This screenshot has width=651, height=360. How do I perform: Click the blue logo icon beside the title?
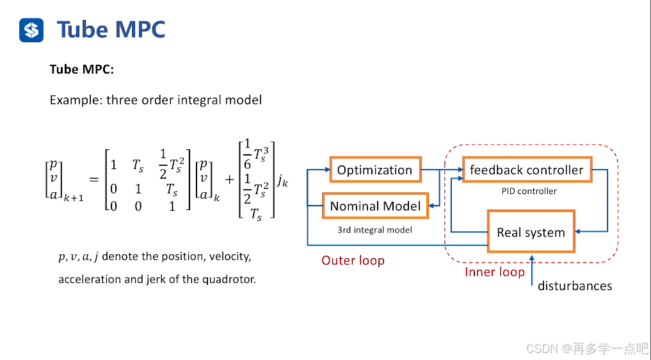pos(31,29)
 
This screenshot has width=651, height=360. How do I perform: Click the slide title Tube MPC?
pos(111,29)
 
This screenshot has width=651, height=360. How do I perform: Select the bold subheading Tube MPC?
pos(81,70)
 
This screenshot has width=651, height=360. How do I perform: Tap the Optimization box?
pos(374,170)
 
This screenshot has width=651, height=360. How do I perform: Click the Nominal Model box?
pos(375,206)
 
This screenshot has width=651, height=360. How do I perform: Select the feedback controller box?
pos(526,170)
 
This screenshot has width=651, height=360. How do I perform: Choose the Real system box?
pos(531,232)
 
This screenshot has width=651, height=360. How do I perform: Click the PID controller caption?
pos(528,191)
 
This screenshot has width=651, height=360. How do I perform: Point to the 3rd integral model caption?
pos(374,229)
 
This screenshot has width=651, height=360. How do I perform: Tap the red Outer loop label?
pos(353,261)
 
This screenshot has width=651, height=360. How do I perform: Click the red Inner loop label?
pos(494,272)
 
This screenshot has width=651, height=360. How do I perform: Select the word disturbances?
pos(575,286)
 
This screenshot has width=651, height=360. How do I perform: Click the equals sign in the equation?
pos(93,180)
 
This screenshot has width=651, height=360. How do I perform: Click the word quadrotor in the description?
pos(232,279)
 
